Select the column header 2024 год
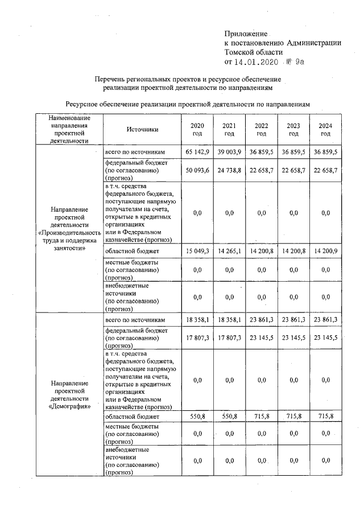coord(325,129)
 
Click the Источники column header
coord(142,129)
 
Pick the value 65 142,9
coord(197,152)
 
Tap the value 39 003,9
coord(229,152)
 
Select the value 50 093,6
coord(197,170)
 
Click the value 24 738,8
coord(229,170)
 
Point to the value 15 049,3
coord(197,250)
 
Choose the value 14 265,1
coord(229,250)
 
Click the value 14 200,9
coord(325,250)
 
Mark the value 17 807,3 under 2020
coord(197,337)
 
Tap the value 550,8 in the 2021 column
coord(229,417)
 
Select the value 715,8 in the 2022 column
coord(261,417)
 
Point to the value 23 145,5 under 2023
coord(293,337)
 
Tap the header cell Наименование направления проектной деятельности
coord(68,129)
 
